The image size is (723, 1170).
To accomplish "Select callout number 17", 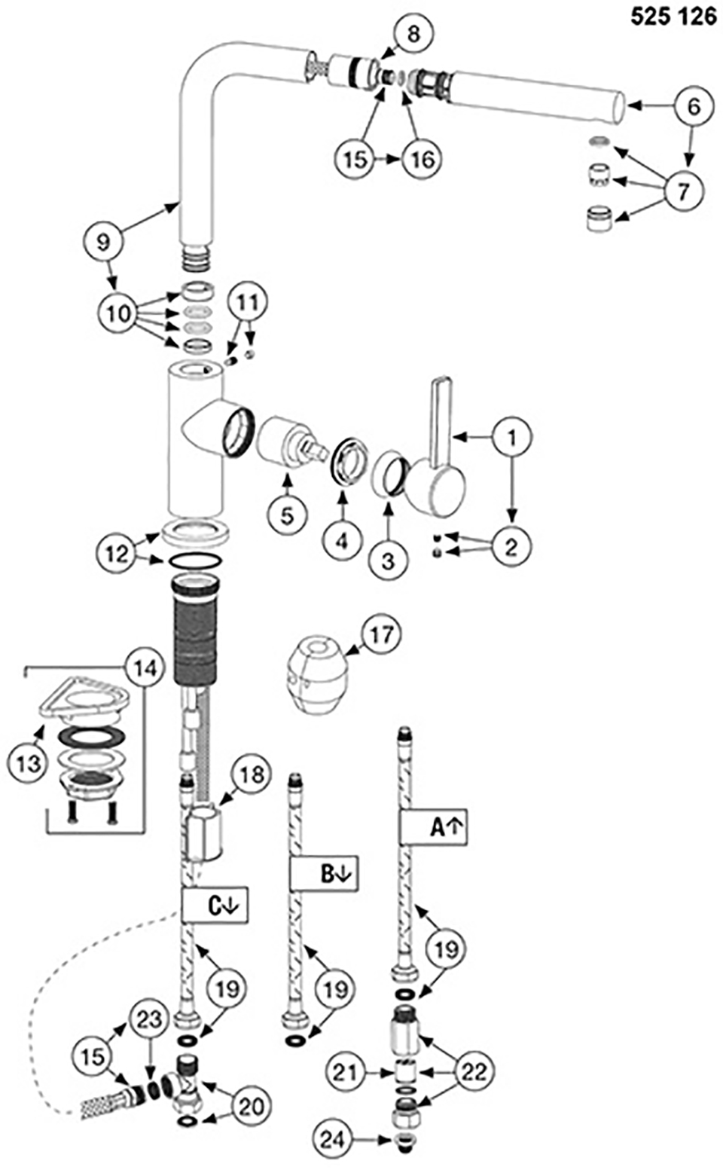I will [381, 634].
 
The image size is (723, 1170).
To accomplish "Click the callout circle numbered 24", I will [333, 1140].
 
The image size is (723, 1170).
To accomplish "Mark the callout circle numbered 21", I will [345, 1071].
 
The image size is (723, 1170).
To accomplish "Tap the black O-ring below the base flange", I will [194, 561].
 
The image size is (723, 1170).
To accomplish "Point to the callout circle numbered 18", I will [252, 774].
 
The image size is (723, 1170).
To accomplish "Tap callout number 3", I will [388, 560].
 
